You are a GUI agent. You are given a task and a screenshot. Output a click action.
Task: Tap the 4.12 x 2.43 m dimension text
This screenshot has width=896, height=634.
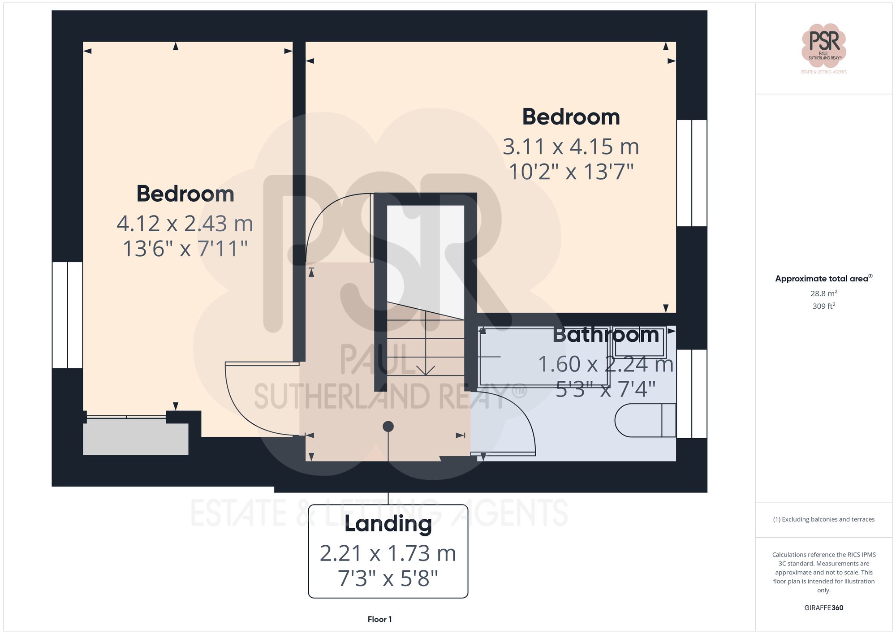[x=185, y=224]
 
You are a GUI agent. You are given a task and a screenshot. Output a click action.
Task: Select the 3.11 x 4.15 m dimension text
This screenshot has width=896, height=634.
[x=571, y=147]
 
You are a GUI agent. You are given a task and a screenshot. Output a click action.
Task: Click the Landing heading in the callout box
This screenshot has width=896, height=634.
[x=388, y=524]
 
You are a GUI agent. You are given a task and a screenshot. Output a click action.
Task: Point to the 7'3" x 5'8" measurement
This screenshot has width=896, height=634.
[x=388, y=578]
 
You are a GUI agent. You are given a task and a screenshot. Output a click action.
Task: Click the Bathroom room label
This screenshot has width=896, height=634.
[x=606, y=335]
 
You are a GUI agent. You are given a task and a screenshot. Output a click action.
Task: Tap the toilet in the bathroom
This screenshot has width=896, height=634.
[x=645, y=420]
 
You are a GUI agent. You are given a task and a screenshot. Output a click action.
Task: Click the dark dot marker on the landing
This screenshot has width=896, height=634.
[x=388, y=427]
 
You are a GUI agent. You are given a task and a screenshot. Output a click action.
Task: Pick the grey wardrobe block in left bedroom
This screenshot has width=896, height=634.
[x=136, y=439]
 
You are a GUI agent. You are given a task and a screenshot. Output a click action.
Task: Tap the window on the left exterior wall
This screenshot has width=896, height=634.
[x=68, y=315]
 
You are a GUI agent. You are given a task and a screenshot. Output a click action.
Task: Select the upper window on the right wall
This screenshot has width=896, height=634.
[x=691, y=173]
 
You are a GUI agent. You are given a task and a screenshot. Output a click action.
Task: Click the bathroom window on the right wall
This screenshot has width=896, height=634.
[x=691, y=393]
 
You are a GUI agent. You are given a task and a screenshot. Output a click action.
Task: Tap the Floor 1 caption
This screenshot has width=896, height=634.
[x=379, y=619]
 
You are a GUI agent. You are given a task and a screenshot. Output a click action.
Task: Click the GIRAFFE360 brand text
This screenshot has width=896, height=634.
[x=823, y=608]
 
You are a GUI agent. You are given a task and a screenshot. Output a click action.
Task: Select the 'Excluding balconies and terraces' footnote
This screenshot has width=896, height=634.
[x=823, y=519]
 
